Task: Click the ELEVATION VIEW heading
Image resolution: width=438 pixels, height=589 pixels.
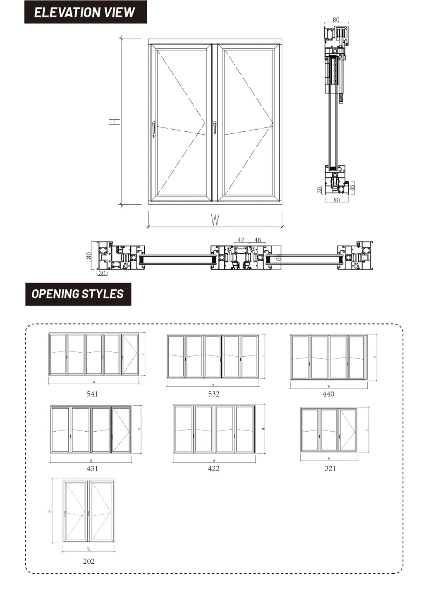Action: click(85, 12)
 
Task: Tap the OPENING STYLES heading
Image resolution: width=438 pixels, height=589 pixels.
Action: click(78, 294)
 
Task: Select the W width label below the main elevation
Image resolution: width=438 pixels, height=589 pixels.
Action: click(215, 220)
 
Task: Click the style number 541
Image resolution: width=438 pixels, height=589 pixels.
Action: click(92, 394)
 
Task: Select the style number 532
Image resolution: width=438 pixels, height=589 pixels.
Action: click(213, 394)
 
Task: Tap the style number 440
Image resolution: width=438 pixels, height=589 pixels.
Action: click(328, 394)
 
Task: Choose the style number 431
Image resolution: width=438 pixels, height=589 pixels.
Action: click(92, 468)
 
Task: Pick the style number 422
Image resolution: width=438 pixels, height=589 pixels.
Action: click(213, 468)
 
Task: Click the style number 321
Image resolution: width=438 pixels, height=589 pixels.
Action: click(330, 468)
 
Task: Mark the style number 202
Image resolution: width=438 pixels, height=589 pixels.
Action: click(89, 561)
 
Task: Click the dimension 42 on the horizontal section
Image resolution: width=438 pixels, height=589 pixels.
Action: click(241, 240)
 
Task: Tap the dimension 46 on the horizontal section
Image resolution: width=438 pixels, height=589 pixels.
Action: click(257, 240)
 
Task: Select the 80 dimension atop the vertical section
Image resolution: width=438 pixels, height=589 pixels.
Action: click(335, 20)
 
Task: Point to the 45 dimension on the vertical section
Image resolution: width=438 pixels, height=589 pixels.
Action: click(352, 186)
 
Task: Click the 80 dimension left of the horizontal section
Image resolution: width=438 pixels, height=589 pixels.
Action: click(89, 255)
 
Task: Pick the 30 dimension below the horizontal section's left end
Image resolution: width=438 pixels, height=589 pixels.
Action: click(102, 273)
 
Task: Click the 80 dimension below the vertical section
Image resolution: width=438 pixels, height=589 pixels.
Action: click(336, 200)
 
